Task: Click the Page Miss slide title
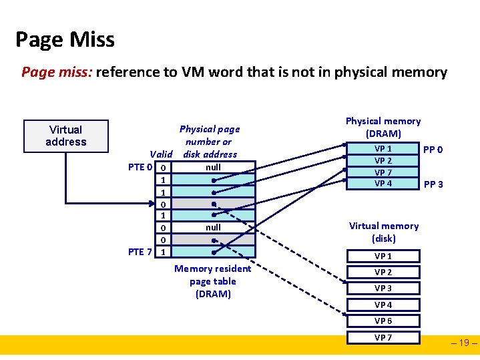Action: pos(65,39)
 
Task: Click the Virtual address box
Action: pos(65,136)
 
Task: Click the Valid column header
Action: pos(162,154)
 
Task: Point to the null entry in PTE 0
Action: pos(213,167)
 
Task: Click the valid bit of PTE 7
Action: pos(164,252)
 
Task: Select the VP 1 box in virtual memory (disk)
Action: pos(383,256)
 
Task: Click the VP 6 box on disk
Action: pos(383,321)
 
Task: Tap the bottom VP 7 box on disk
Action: pos(383,337)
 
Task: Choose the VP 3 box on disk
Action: pos(383,289)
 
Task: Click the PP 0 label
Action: pos(432,150)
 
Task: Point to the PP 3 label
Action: pos(433,184)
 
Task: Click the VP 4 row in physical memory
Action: pos(383,184)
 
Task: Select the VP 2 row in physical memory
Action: pos(383,160)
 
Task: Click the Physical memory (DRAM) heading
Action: pos(383,127)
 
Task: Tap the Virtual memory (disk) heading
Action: pos(384,232)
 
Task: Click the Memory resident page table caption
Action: pos(213,281)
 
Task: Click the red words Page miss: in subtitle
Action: pos(57,72)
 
